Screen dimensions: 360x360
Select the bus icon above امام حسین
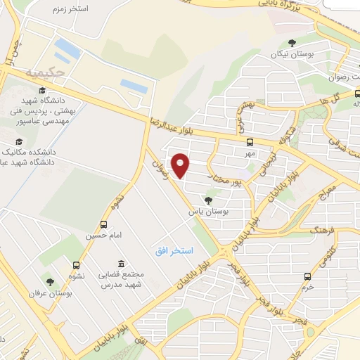pos(105,225)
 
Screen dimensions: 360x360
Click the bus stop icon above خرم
pos(307,276)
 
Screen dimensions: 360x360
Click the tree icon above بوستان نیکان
pos(292,43)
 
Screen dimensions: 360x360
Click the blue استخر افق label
pos(174,250)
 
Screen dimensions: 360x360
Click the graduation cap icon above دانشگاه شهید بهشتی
pos(41,91)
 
